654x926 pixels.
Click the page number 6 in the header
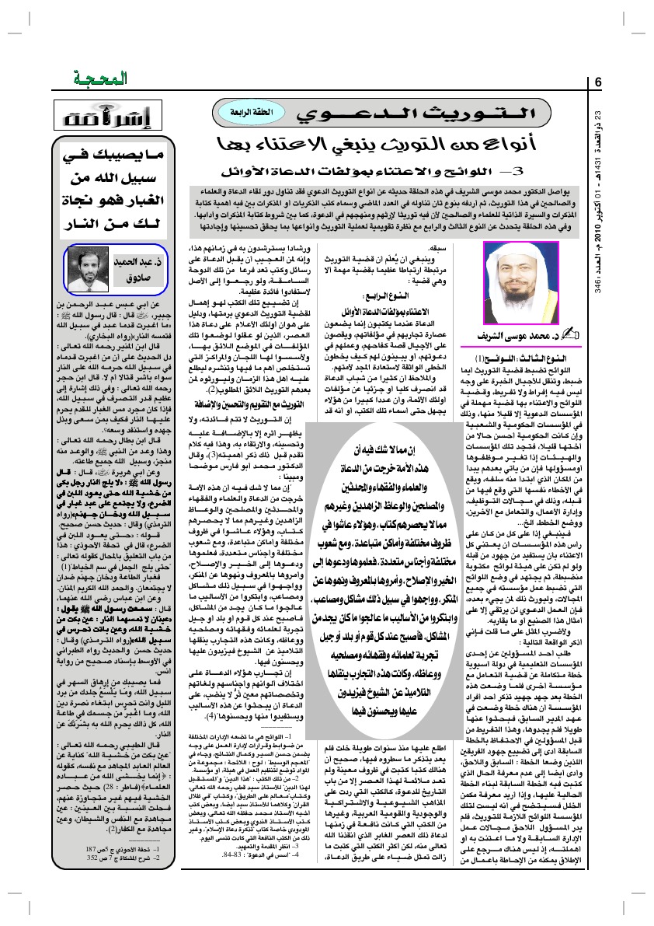coord(599,82)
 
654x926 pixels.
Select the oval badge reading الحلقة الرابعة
coord(237,113)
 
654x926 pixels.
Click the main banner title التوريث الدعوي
coord(404,114)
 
